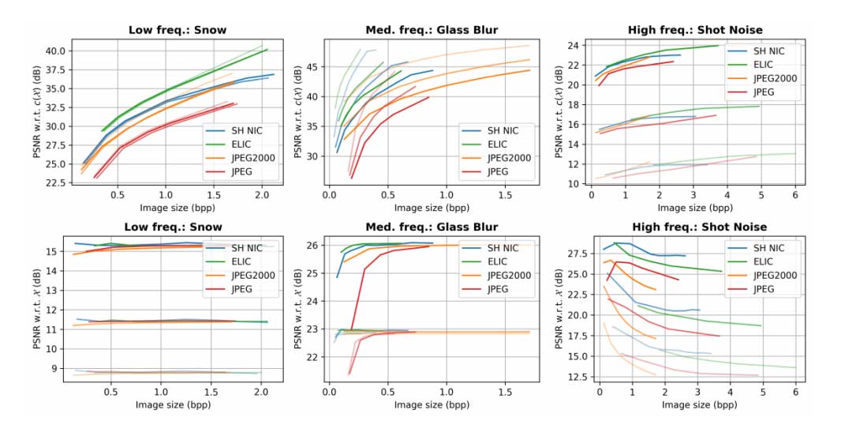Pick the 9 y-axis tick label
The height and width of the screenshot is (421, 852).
tap(63, 368)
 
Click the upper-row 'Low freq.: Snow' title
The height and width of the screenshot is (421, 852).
tap(177, 30)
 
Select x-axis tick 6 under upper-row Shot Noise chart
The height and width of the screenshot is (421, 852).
tap(794, 194)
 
